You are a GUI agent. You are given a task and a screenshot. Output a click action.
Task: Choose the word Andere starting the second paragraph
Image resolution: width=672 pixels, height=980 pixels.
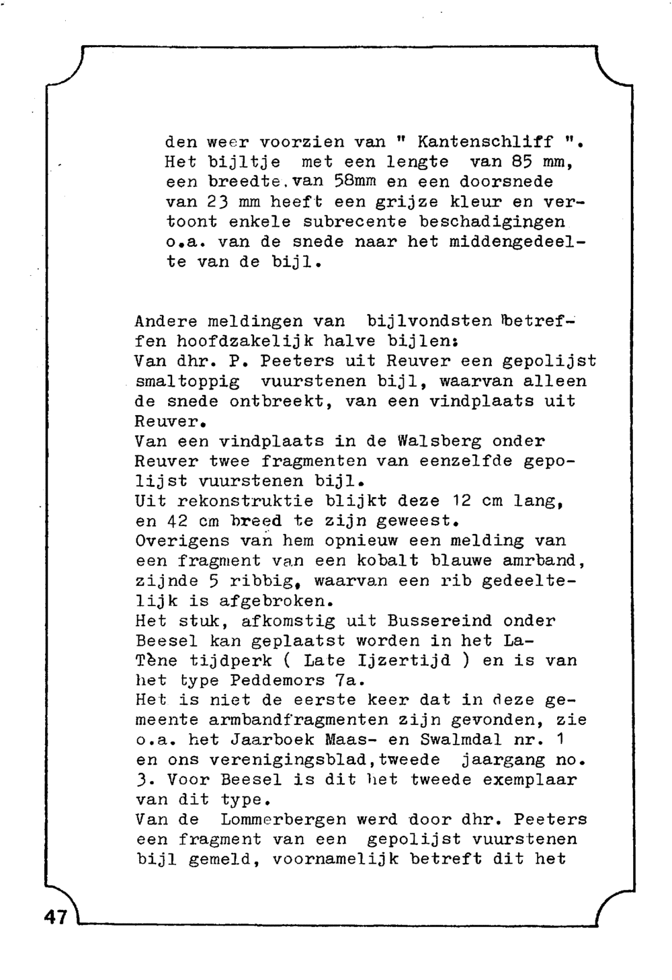[166, 322]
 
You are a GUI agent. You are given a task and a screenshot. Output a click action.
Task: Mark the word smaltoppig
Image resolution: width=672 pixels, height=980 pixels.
[187, 381]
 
